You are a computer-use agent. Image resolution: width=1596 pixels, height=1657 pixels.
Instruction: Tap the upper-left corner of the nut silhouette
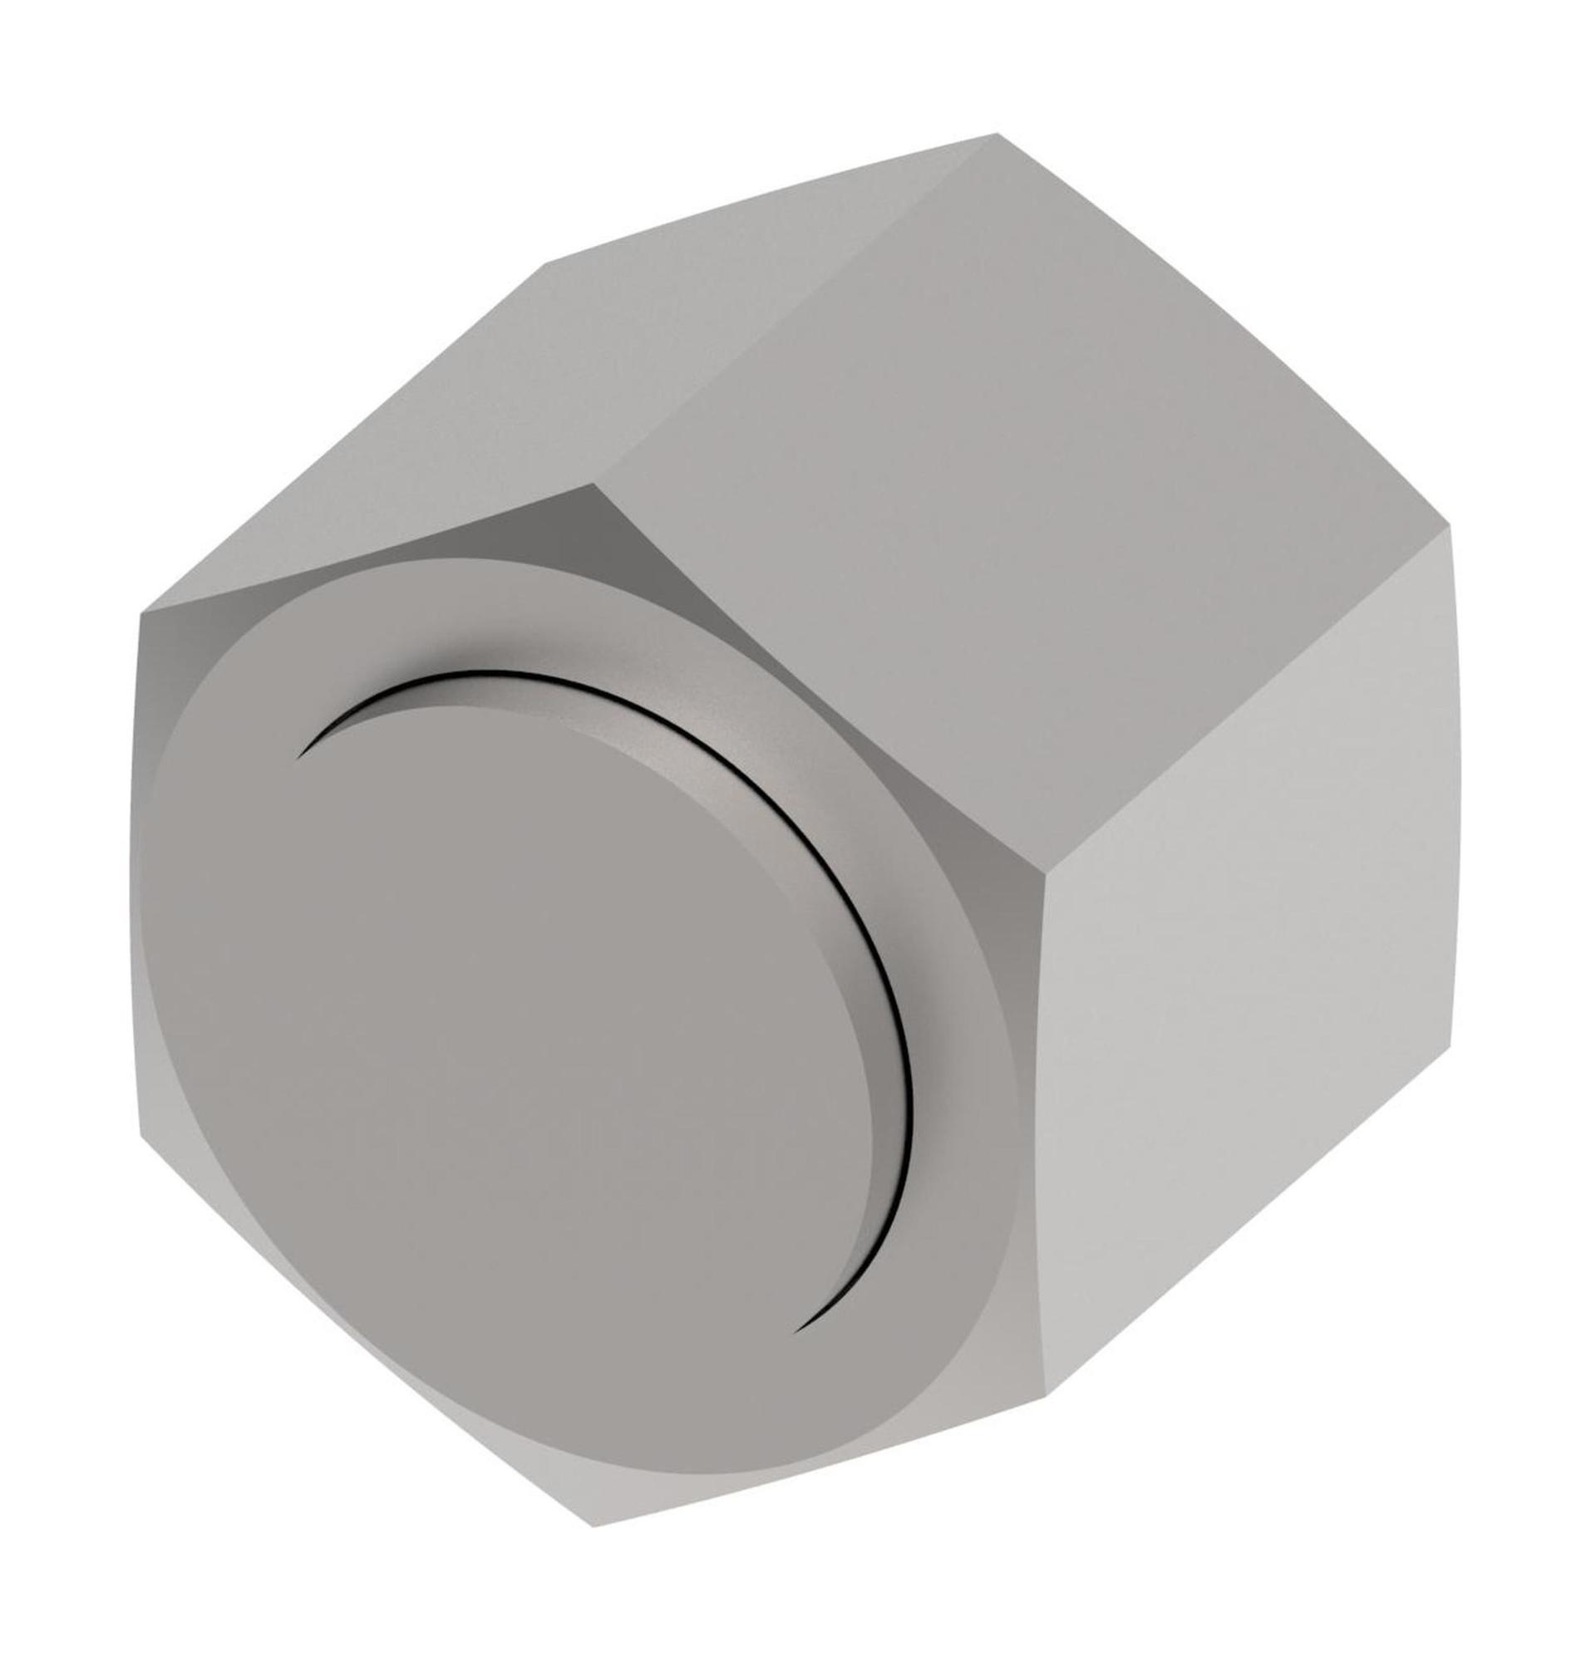tap(140, 612)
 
